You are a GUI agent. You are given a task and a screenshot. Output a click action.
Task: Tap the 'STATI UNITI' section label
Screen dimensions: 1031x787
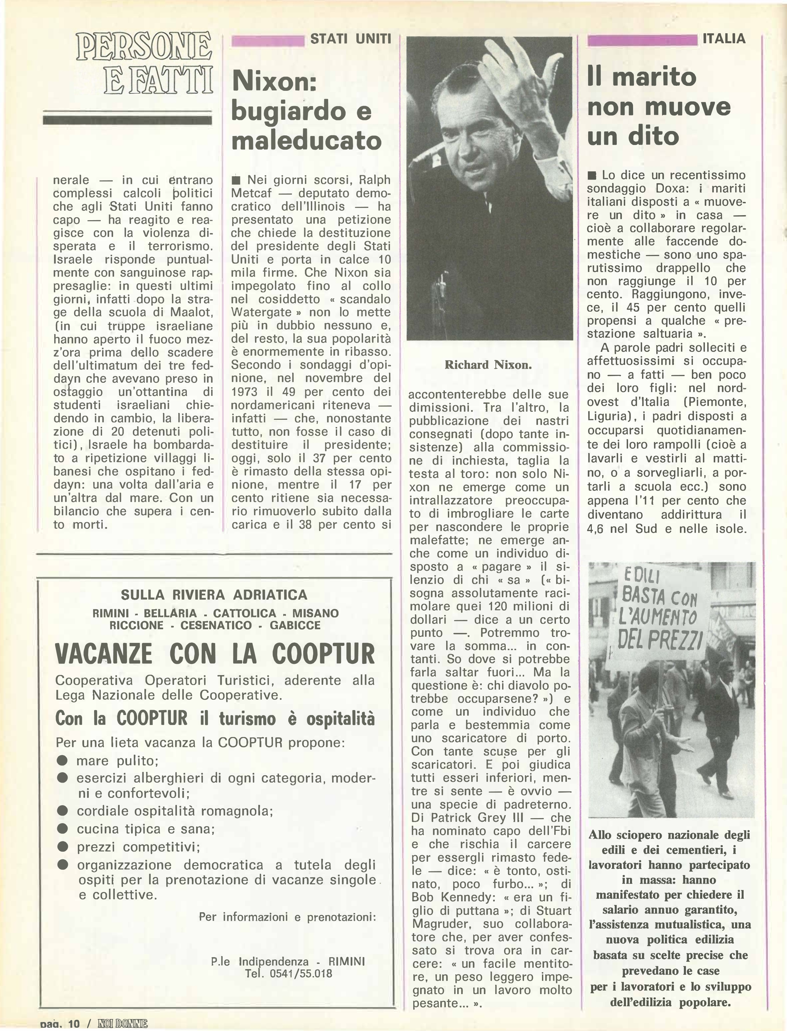click(350, 39)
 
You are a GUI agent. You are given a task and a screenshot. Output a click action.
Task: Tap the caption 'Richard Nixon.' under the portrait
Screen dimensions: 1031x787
click(488, 365)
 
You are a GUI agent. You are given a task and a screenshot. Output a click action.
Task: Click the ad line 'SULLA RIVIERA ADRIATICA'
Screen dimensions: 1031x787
click(214, 595)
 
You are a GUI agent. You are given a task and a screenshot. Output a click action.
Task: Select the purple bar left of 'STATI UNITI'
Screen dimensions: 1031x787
click(268, 41)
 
